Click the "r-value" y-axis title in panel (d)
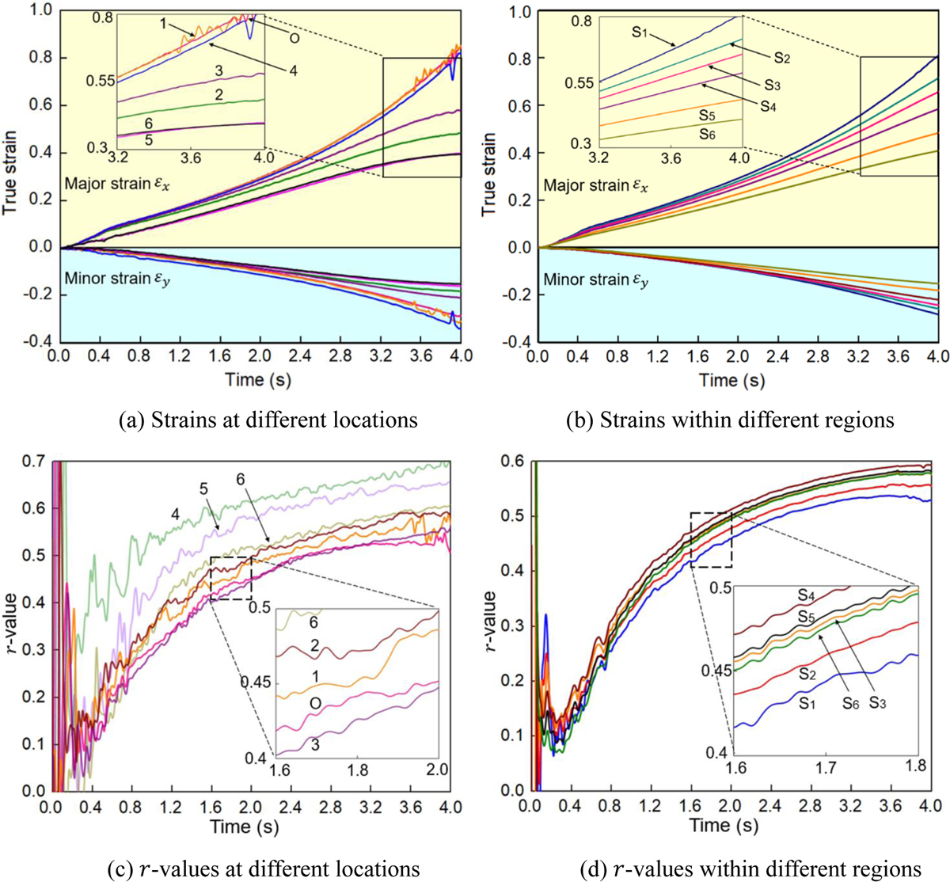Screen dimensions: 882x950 pyautogui.click(x=492, y=625)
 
